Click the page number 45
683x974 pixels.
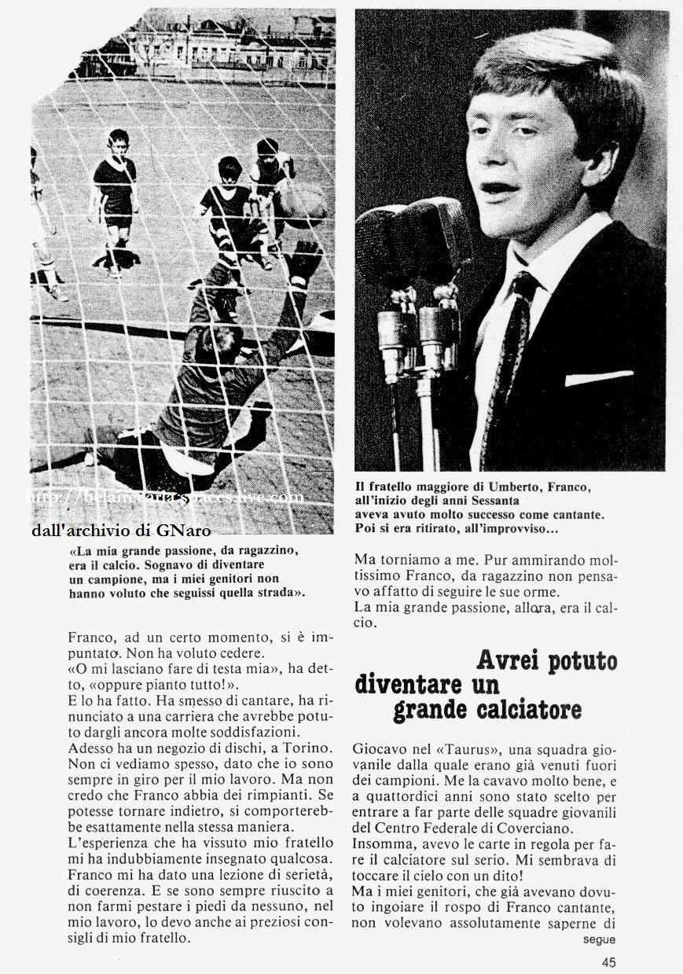click(609, 961)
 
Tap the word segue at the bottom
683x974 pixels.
click(599, 939)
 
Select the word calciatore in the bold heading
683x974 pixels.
click(487, 709)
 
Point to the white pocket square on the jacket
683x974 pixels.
click(598, 378)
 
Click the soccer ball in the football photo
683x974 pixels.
click(302, 206)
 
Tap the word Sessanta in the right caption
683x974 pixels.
click(499, 501)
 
